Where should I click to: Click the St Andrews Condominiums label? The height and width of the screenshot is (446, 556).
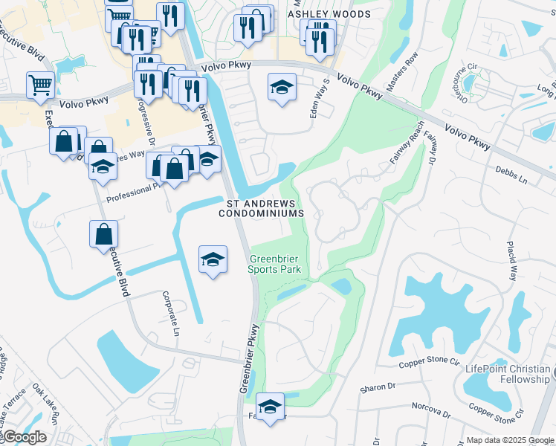[262, 207]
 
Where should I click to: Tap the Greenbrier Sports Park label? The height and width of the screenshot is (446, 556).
[274, 264]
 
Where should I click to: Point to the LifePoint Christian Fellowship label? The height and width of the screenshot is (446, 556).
[508, 374]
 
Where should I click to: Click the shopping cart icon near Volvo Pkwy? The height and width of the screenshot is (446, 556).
[39, 84]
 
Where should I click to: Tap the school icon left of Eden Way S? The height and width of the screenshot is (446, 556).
[281, 88]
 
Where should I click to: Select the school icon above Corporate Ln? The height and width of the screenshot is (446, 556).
[213, 259]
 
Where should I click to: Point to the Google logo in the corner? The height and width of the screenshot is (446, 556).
[24, 437]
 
